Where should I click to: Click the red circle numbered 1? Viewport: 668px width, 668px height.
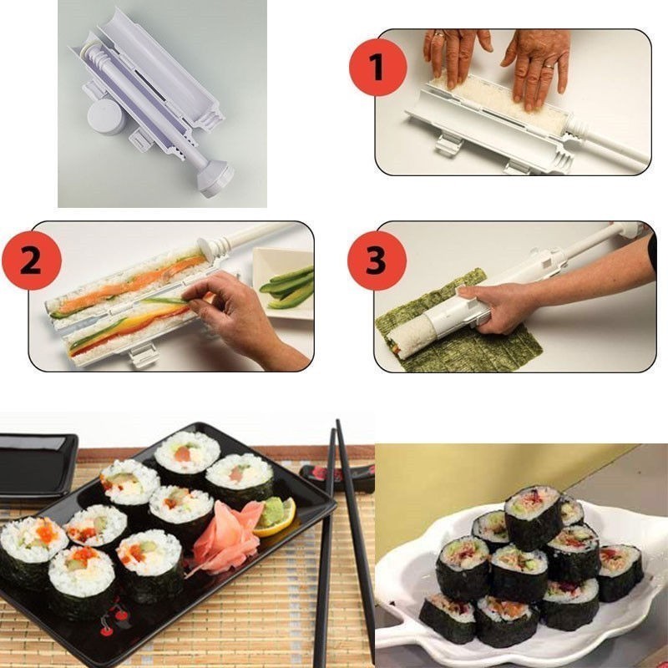[x=378, y=68]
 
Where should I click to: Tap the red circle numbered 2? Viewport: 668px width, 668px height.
[x=32, y=261]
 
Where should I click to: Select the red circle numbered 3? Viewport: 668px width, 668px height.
[x=377, y=261]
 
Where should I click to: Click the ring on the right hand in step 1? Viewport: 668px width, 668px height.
[x=549, y=66]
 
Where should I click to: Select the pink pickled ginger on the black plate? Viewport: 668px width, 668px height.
[x=225, y=537]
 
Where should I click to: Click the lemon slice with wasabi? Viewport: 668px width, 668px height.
[x=275, y=516]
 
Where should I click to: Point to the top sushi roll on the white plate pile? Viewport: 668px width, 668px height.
[x=534, y=517]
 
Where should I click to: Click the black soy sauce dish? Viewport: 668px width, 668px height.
[x=38, y=465]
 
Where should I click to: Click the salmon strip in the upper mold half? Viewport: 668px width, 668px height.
[x=128, y=284]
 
